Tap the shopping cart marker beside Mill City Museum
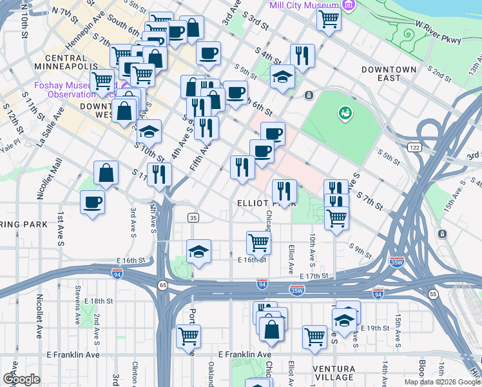coord(329,19)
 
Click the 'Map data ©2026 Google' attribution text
coord(442,382)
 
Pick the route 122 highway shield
coord(414,148)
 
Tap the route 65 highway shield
coord(163,284)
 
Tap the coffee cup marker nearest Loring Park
coord(92,202)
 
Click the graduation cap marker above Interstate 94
coord(199,252)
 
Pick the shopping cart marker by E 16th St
coord(258,243)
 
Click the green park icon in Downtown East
coord(346,113)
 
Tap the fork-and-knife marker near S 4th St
coord(301,55)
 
